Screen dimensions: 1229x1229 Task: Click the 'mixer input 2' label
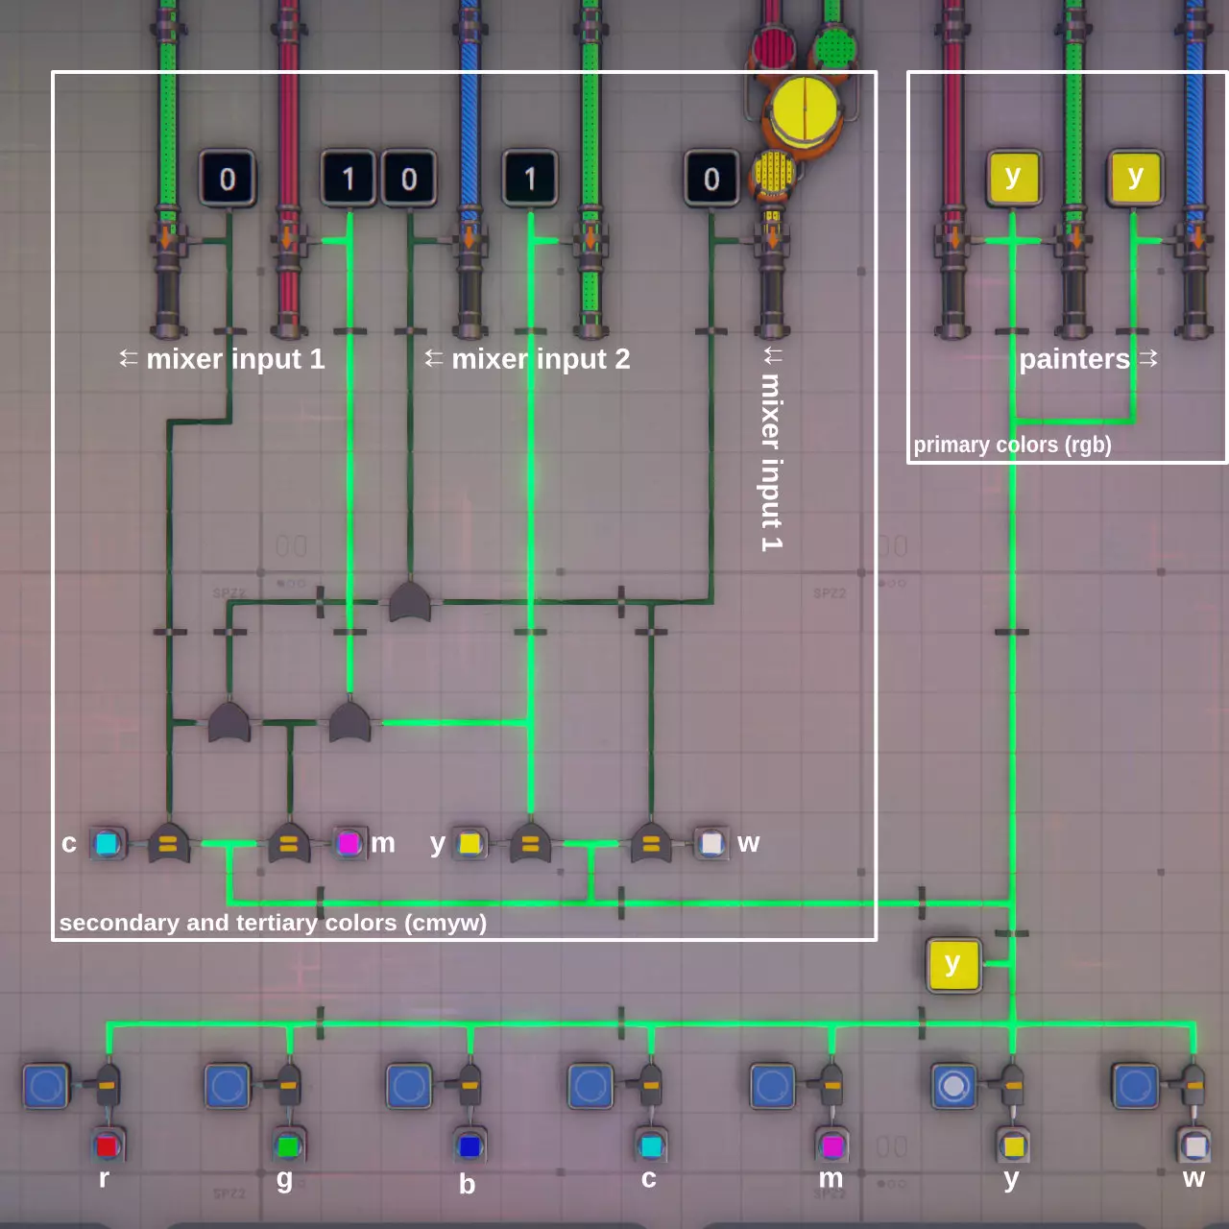(x=541, y=359)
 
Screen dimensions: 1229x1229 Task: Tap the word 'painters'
(x=1074, y=359)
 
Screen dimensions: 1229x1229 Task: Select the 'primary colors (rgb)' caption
(x=1012, y=445)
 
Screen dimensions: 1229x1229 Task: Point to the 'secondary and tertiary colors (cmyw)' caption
(x=273, y=923)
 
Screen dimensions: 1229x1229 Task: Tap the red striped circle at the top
(x=774, y=46)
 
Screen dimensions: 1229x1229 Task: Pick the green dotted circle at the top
(x=833, y=46)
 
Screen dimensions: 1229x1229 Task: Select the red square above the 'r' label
(x=107, y=1145)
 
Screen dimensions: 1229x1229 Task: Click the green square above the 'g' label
(x=288, y=1145)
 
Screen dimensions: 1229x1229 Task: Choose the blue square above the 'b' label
(x=469, y=1145)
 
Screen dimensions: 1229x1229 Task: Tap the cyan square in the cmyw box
(x=107, y=844)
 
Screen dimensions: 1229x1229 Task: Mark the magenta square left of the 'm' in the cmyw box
(x=349, y=844)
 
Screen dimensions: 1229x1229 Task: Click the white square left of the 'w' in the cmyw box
(x=711, y=844)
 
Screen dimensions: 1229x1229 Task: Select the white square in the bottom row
(x=1194, y=1145)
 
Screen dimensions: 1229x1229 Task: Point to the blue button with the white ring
(x=952, y=1086)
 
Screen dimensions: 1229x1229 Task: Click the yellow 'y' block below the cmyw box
(x=952, y=965)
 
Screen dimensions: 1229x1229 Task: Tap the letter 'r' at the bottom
(x=104, y=1178)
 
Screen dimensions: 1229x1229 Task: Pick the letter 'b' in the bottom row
(x=467, y=1183)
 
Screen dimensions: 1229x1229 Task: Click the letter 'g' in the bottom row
(x=285, y=1179)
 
